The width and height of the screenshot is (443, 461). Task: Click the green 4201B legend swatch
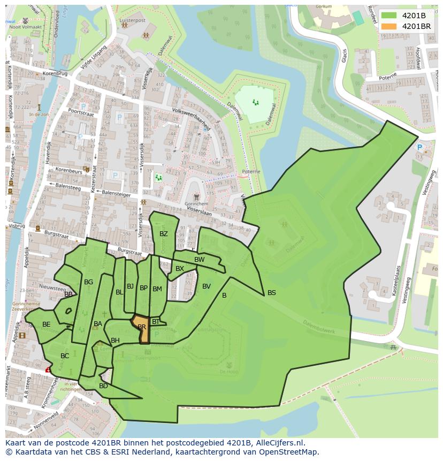tap(389, 15)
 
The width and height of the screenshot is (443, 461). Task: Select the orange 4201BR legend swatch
tap(389, 26)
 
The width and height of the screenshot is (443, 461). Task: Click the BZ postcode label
tap(164, 234)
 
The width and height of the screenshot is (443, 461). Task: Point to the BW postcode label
tap(199, 260)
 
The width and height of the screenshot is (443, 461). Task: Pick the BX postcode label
tap(180, 269)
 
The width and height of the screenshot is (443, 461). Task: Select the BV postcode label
tap(207, 286)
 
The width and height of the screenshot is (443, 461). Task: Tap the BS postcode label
tap(272, 293)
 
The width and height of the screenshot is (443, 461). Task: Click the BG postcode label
tap(89, 282)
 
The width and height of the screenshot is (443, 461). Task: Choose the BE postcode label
tap(47, 324)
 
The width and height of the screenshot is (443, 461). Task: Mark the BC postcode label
tap(65, 356)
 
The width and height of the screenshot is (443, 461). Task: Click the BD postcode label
tap(103, 386)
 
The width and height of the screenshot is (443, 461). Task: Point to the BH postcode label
tap(115, 341)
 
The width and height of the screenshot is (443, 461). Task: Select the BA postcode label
tap(98, 324)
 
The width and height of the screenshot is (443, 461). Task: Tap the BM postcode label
tap(157, 289)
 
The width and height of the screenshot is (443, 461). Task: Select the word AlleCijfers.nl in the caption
tap(279, 443)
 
